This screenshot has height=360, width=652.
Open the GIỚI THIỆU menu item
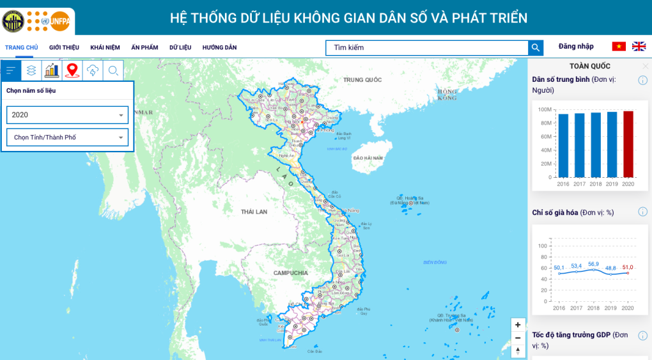point(64,47)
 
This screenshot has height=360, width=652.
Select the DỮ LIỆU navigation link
point(180,47)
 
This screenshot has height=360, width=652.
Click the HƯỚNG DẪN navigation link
point(219,47)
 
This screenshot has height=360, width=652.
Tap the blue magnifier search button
point(535,47)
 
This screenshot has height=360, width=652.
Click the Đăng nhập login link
point(576,47)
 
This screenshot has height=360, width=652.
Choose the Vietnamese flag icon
point(619,47)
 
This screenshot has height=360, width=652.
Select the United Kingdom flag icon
point(639,47)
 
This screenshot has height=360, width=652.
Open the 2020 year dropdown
point(67,115)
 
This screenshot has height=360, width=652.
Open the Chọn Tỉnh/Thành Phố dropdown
point(67,137)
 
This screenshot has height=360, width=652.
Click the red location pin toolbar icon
point(72,70)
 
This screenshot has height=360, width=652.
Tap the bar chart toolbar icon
point(52,70)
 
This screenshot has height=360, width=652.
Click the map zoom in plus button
point(518,324)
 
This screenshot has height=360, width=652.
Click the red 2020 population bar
point(628,144)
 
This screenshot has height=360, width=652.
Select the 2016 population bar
point(563,145)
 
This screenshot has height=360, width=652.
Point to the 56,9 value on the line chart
point(594,264)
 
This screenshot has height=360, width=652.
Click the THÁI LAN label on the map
point(254,212)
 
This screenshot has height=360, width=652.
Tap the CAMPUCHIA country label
point(291,273)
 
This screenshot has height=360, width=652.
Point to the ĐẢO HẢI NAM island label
point(368,157)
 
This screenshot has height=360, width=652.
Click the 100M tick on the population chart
point(545,109)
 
